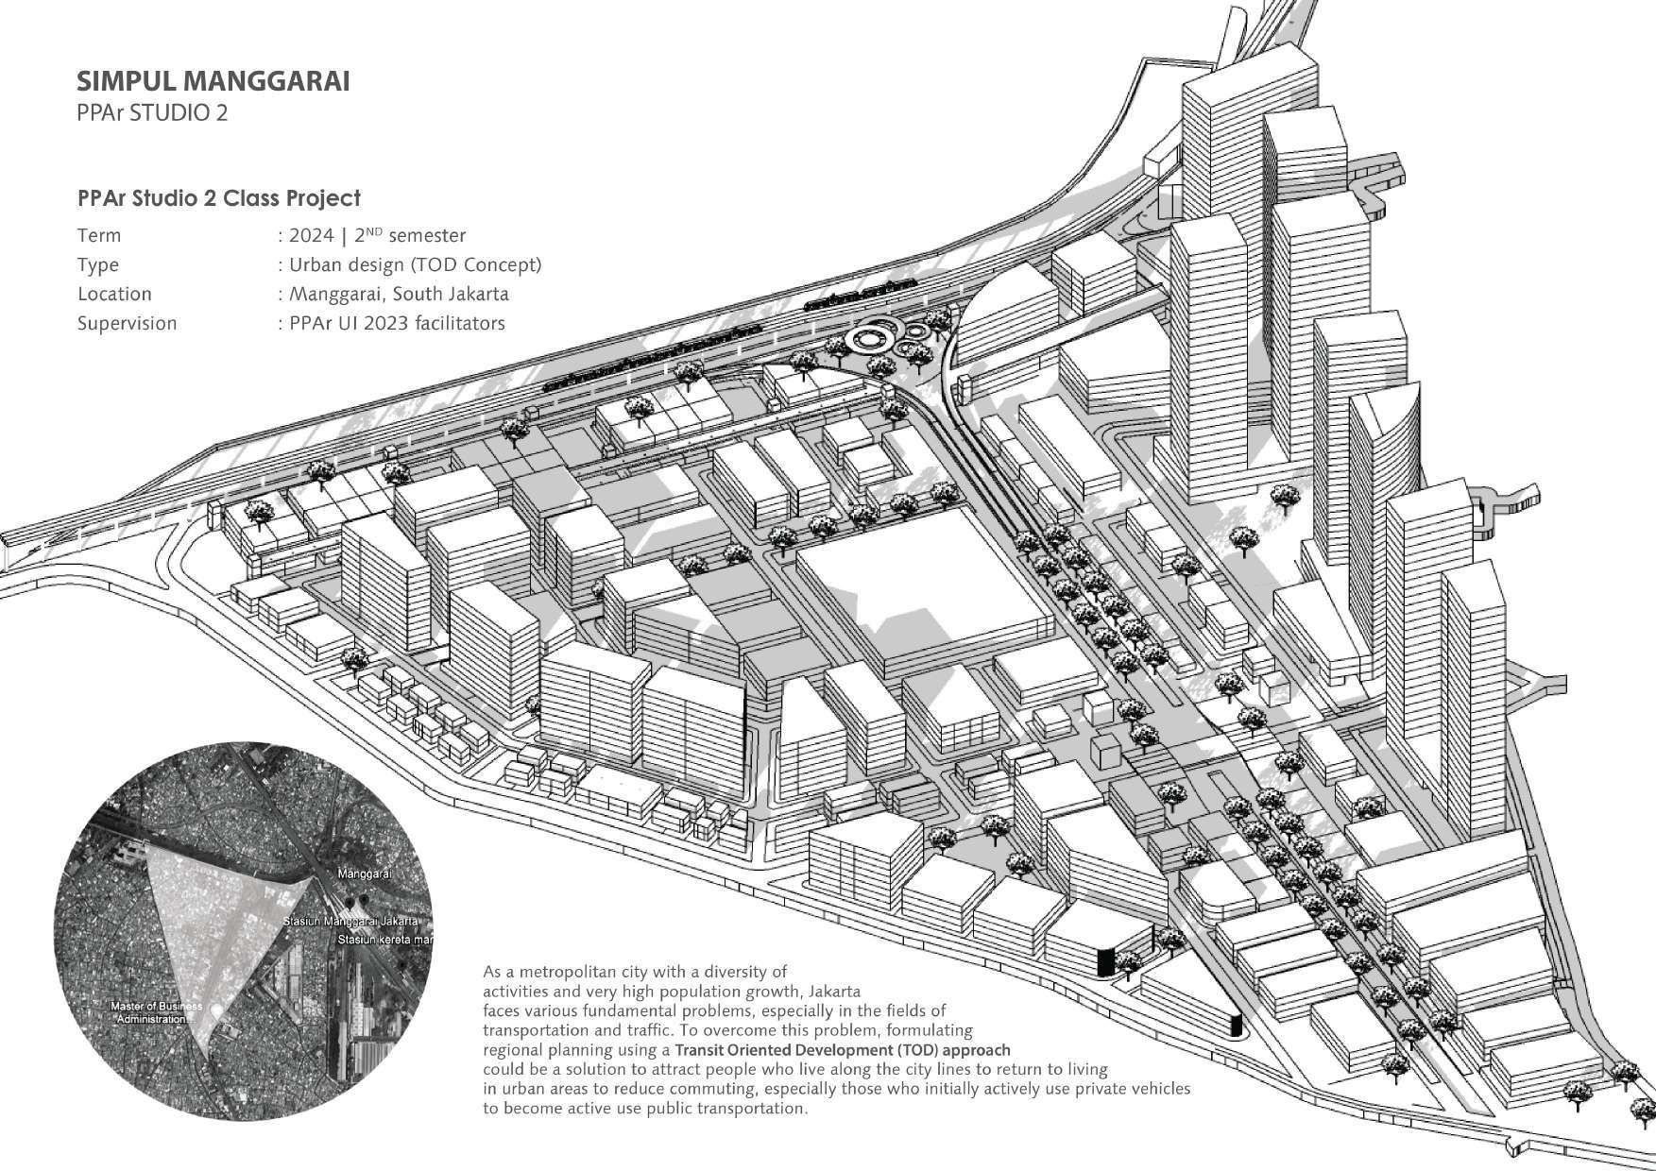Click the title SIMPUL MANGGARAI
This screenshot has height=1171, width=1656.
click(x=213, y=81)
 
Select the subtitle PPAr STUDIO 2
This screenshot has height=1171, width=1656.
click(x=152, y=113)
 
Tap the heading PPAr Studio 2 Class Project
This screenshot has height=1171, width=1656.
click(x=218, y=198)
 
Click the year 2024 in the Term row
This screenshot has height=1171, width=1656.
click(x=312, y=236)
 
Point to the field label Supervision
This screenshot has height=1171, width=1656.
click(x=127, y=324)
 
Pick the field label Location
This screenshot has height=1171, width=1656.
click(x=114, y=295)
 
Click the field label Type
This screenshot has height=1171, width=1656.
click(x=98, y=265)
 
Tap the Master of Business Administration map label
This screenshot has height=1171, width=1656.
click(x=156, y=1013)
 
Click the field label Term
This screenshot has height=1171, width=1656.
click(x=99, y=236)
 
